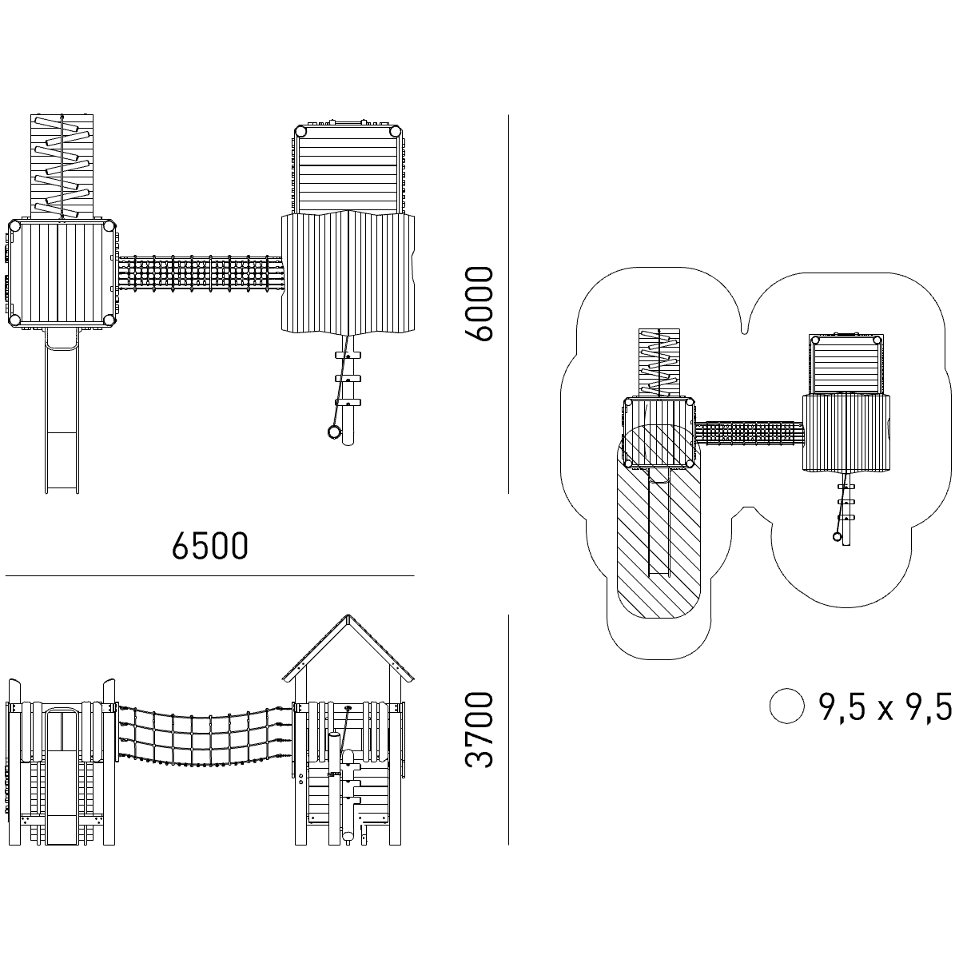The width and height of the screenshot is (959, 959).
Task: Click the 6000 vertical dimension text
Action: (x=481, y=304)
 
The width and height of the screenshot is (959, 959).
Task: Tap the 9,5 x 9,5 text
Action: (x=885, y=706)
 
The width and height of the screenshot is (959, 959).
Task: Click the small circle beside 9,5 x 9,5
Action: (x=786, y=706)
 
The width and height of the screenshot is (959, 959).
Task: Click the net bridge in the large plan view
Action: (x=200, y=273)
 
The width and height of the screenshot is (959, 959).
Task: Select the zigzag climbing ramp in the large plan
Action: (x=62, y=165)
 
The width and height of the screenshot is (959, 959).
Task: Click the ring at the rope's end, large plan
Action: (x=332, y=432)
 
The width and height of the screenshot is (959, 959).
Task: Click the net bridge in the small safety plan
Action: (x=750, y=434)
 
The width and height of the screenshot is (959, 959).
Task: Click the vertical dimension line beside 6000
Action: (x=509, y=304)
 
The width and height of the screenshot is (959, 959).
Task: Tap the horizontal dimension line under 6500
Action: (x=210, y=575)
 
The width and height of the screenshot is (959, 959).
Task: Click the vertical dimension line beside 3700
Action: (x=509, y=729)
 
